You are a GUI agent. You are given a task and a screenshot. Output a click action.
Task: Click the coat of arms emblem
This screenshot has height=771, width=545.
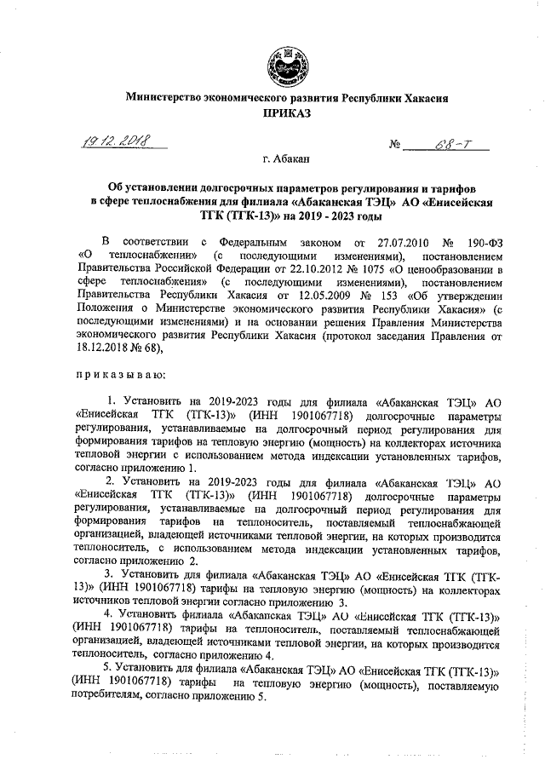tap(281, 61)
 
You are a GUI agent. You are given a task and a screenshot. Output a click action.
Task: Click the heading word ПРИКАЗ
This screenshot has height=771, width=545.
tap(281, 112)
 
